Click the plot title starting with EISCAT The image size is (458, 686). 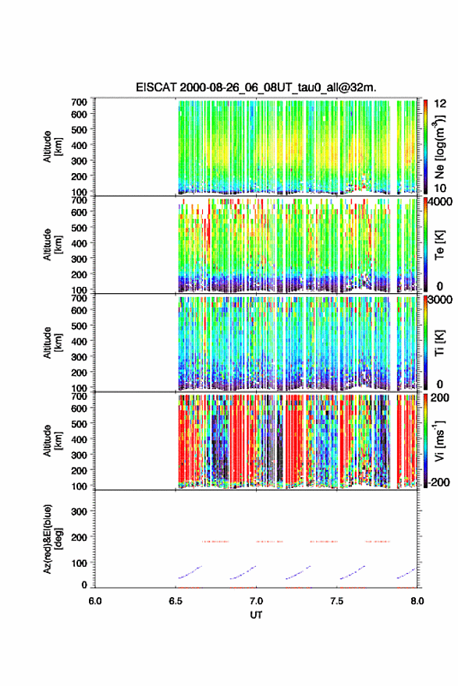[x=256, y=87]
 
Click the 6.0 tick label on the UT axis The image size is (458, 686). [x=95, y=601]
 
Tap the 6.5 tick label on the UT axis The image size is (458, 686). [x=176, y=601]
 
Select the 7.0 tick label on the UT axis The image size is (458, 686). [x=256, y=601]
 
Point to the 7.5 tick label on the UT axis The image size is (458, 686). [x=337, y=601]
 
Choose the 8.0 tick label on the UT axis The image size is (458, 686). [x=417, y=601]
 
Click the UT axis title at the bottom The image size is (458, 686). [x=256, y=615]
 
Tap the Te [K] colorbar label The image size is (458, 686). [x=439, y=245]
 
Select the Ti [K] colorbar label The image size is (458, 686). [x=439, y=342]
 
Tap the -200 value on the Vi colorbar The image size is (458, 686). [x=438, y=482]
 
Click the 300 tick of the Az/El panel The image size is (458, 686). [x=80, y=511]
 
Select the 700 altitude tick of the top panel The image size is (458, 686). [x=80, y=102]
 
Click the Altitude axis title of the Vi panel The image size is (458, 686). [x=52, y=440]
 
